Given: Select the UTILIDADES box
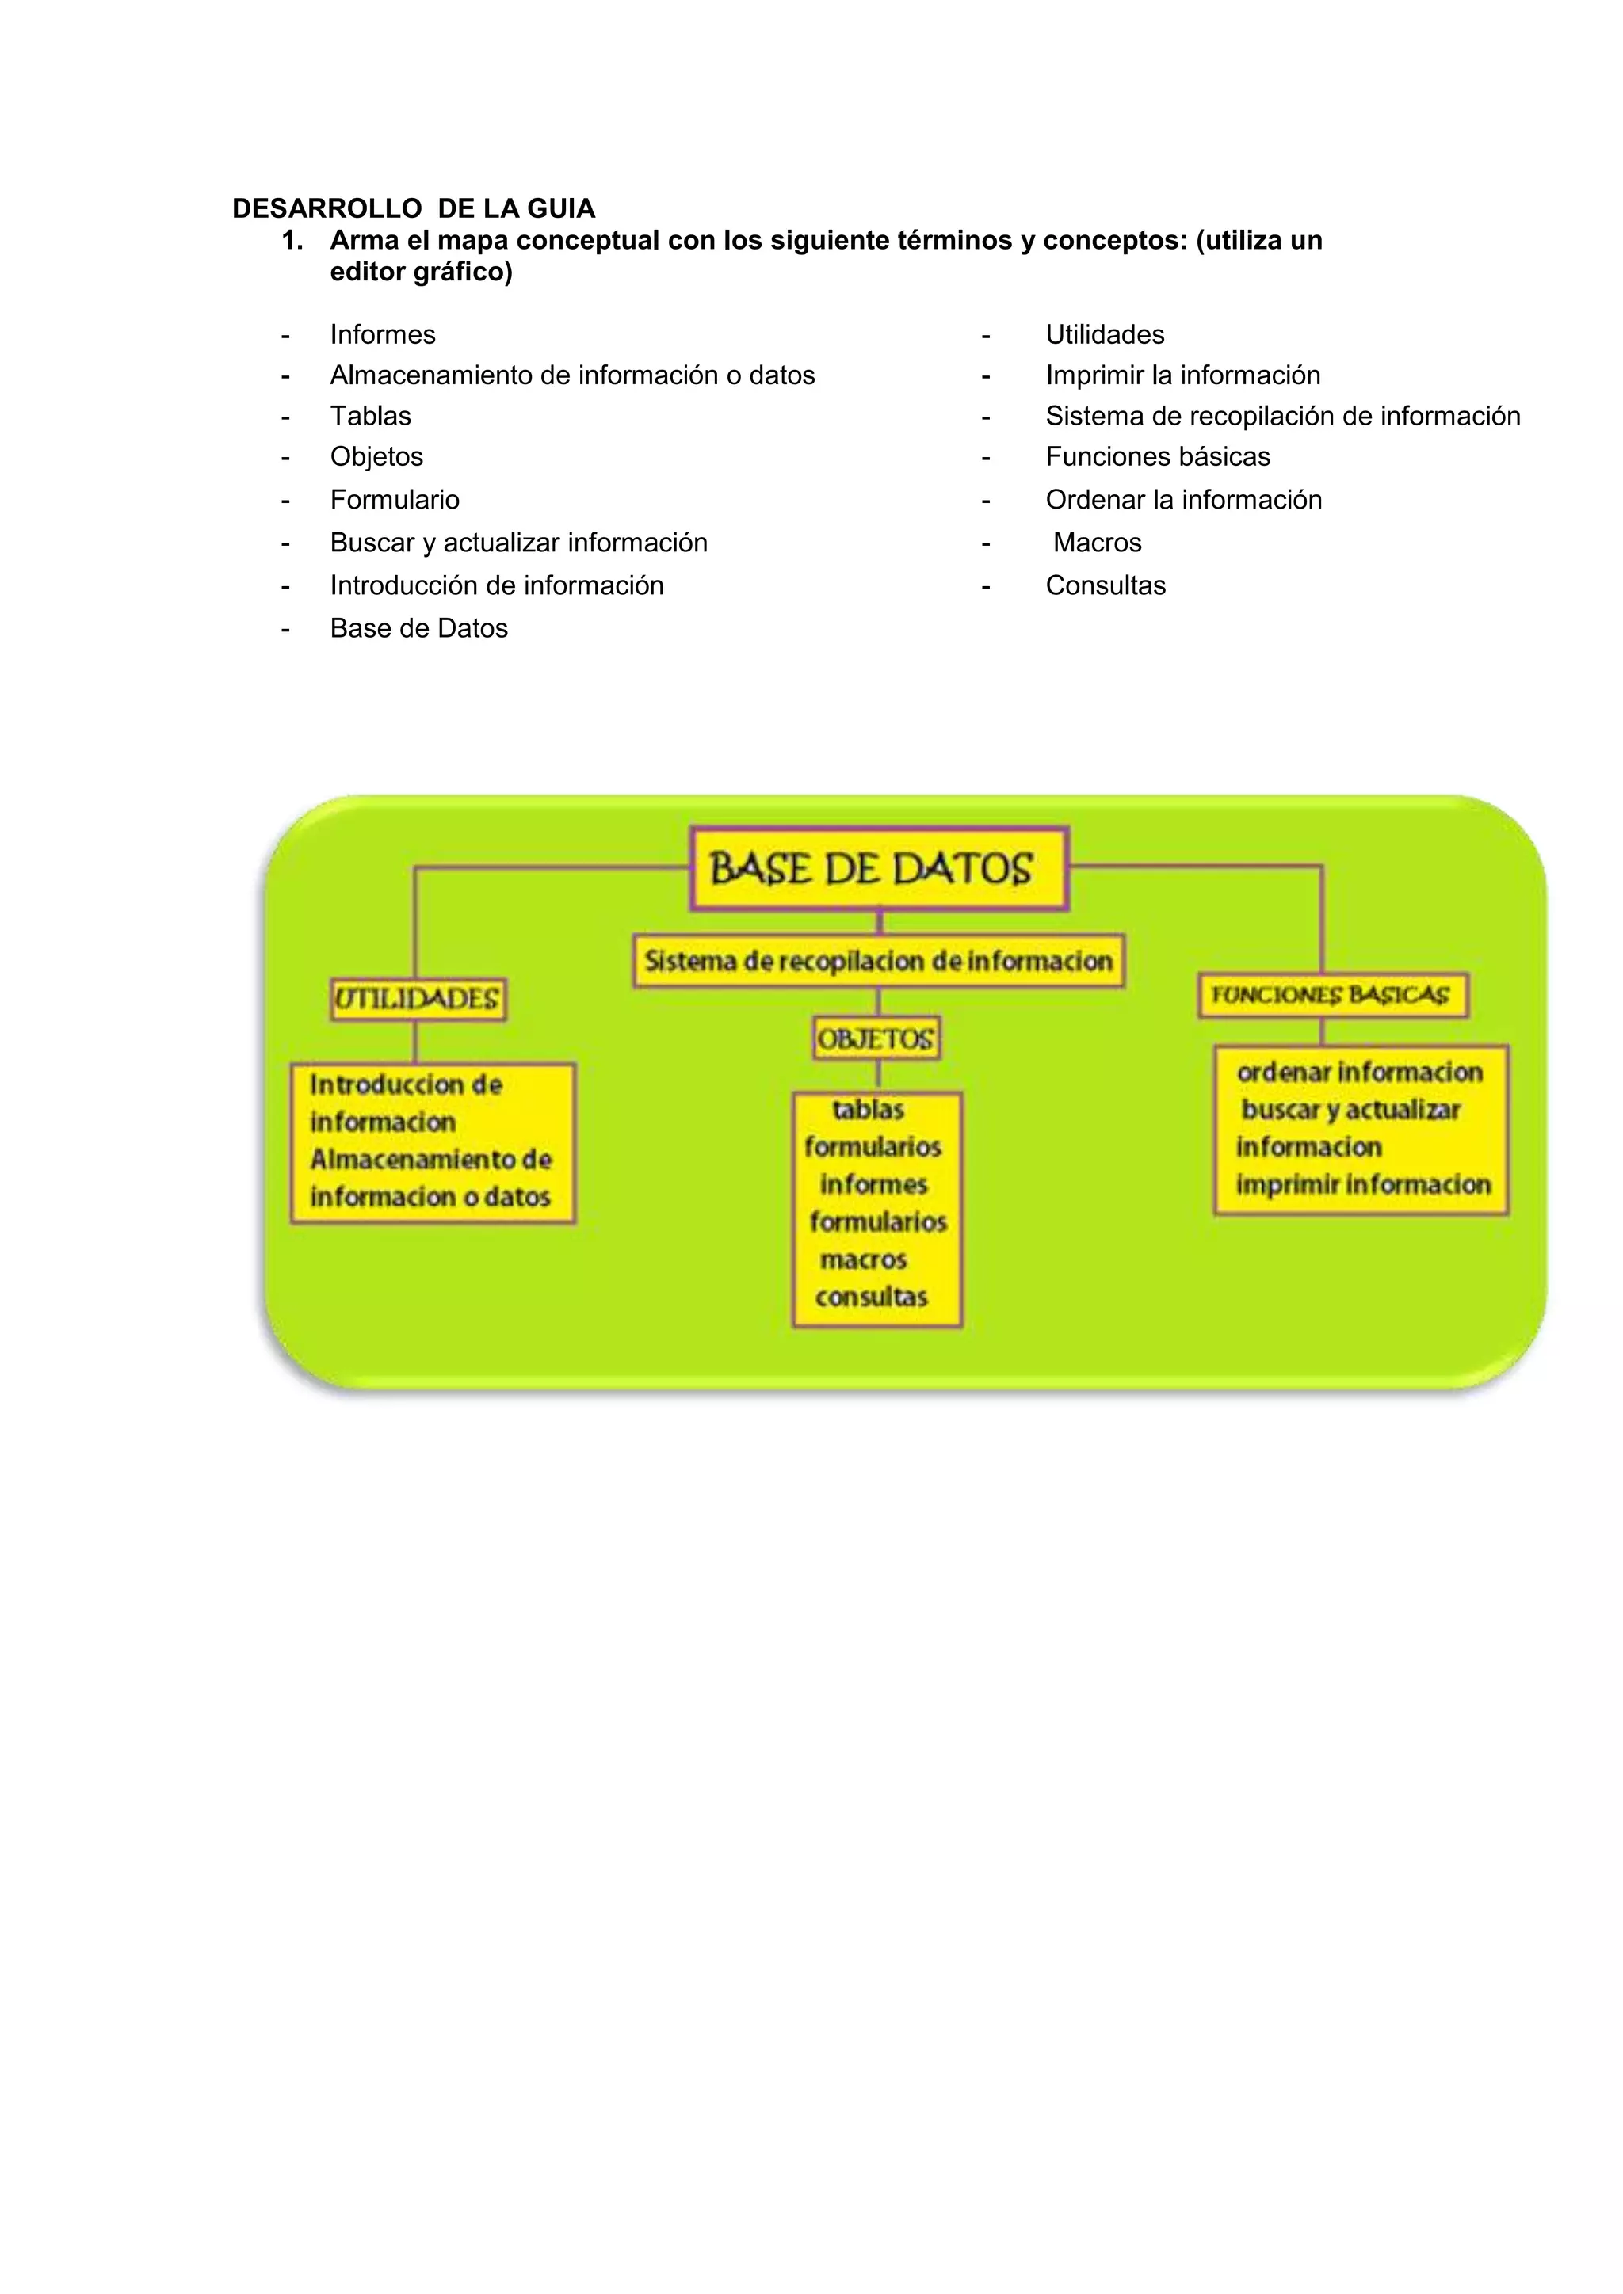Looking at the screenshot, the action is [x=418, y=998].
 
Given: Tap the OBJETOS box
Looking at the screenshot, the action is [x=876, y=1039].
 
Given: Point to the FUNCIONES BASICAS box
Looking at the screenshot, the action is [x=1332, y=995].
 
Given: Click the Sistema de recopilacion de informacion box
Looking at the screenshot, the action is [x=878, y=961].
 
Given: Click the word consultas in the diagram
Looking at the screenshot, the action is [x=872, y=1297].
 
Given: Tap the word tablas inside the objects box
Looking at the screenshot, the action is [x=869, y=1109].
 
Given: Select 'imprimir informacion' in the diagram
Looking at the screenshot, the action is [x=1363, y=1185].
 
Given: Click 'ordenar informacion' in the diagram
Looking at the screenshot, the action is [x=1359, y=1072].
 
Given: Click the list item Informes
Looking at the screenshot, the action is [x=383, y=335].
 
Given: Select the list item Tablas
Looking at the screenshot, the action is [x=371, y=416].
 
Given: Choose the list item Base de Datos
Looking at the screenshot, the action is [x=418, y=628].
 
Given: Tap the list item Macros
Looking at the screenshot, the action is [x=1098, y=543].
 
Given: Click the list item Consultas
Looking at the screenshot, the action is [x=1106, y=585].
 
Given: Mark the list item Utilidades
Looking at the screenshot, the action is [x=1104, y=335].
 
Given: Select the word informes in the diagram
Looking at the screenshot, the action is [x=873, y=1184].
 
